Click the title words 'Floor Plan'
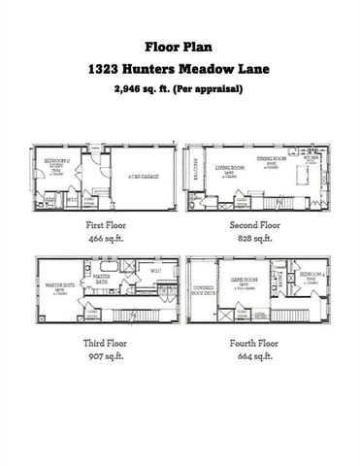tap(180, 46)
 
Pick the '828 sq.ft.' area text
tap(257, 237)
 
